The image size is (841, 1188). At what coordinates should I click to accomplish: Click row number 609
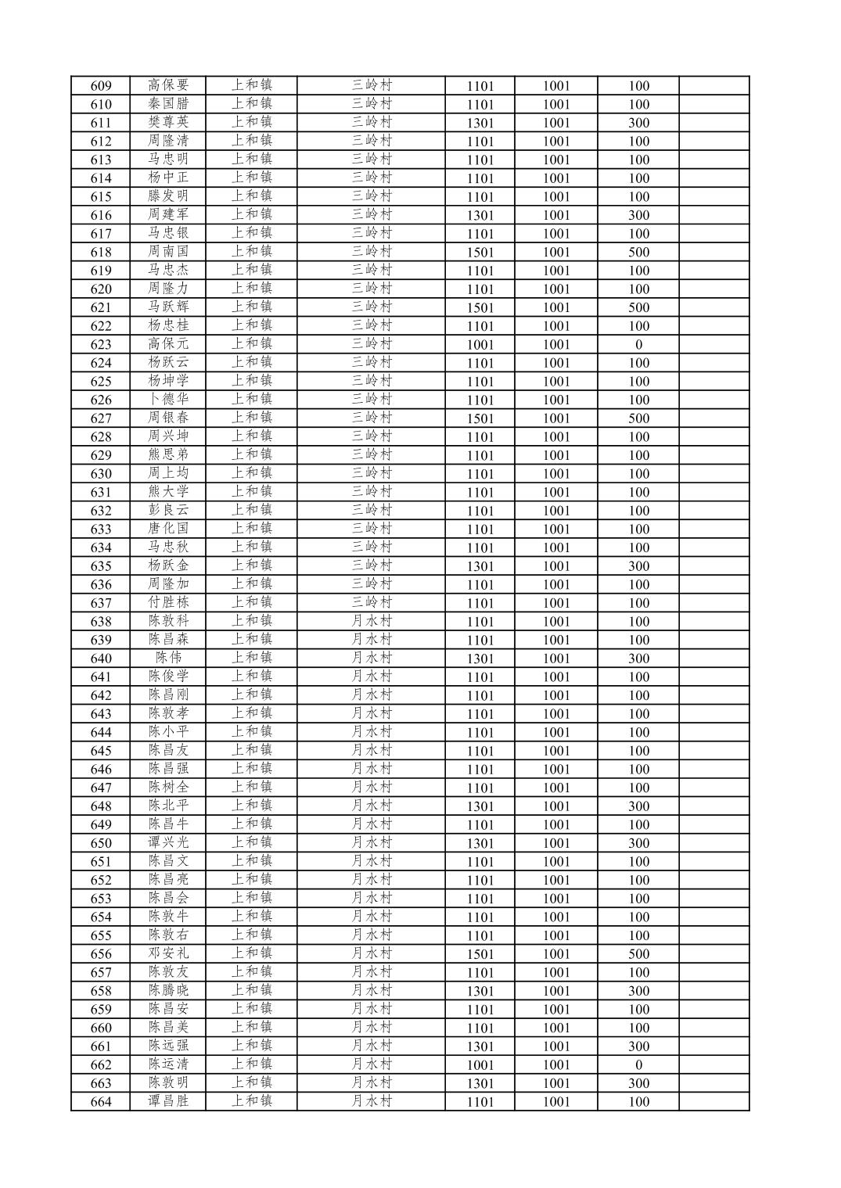click(101, 86)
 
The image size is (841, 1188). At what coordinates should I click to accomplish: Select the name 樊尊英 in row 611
click(168, 122)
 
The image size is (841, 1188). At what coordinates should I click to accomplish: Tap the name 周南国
click(168, 252)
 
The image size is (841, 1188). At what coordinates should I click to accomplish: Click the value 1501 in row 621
click(480, 307)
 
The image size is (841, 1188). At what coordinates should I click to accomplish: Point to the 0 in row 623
click(638, 344)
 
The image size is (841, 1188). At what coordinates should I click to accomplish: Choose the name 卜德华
click(168, 400)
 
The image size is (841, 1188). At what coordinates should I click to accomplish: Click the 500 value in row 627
click(638, 418)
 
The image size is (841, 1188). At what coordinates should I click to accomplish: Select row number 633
click(101, 529)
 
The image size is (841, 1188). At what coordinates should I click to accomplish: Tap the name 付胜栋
click(168, 603)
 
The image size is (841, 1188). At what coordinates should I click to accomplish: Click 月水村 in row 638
click(371, 621)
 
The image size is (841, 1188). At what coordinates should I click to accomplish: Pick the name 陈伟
click(168, 658)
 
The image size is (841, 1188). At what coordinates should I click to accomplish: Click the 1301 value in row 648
click(480, 806)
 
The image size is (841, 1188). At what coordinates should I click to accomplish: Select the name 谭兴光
click(168, 843)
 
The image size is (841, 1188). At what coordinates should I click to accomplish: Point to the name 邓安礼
click(168, 953)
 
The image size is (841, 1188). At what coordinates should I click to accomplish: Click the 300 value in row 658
click(638, 991)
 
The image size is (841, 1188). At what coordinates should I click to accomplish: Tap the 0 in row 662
click(638, 1064)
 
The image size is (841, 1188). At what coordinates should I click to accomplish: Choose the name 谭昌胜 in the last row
click(168, 1101)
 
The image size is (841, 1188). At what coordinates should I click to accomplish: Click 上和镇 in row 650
click(251, 843)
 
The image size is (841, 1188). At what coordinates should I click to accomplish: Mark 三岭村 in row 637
click(371, 603)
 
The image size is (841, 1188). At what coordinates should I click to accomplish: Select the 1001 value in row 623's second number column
click(556, 344)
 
